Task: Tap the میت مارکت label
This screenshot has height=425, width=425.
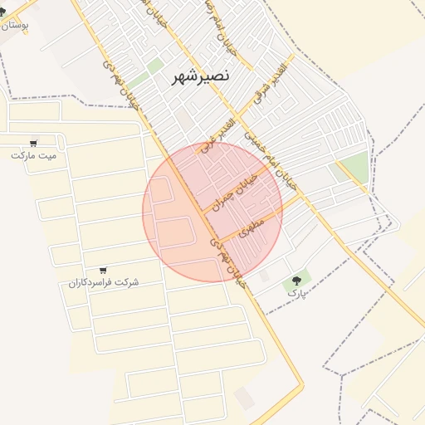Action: pyautogui.click(x=34, y=155)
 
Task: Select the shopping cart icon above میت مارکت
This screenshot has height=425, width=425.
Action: pyautogui.click(x=34, y=143)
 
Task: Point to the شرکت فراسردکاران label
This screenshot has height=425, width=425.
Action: pyautogui.click(x=104, y=282)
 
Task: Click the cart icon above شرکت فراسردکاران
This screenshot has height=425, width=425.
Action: pyautogui.click(x=103, y=270)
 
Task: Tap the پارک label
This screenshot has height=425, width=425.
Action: pyautogui.click(x=296, y=293)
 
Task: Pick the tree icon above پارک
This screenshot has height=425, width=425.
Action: pyautogui.click(x=296, y=281)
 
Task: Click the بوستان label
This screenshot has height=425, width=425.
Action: pyautogui.click(x=15, y=25)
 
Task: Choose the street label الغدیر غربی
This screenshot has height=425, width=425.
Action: pyautogui.click(x=218, y=136)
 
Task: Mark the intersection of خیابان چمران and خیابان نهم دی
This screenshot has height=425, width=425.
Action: pyautogui.click(x=203, y=214)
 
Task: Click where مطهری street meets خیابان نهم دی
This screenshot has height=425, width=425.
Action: pyautogui.click(x=217, y=242)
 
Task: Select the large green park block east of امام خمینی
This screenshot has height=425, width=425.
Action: pyautogui.click(x=354, y=168)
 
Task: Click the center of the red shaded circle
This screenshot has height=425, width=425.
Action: pyautogui.click(x=212, y=212)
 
